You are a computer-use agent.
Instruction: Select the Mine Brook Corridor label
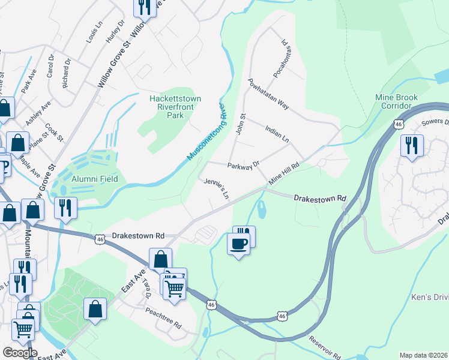396,101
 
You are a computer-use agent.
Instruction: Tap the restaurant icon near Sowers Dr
412,146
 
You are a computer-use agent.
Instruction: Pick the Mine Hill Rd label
284,175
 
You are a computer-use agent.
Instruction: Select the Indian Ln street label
277,133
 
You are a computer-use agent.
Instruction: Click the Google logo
19,352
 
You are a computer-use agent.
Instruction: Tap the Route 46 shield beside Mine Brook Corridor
399,124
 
